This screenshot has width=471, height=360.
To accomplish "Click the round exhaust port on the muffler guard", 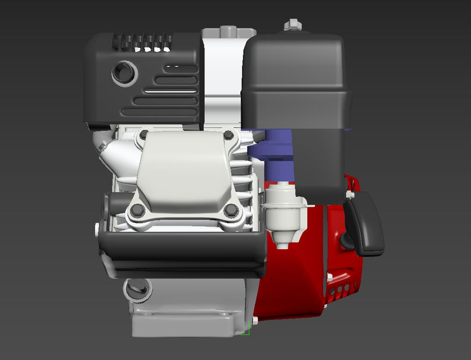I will [x=124, y=73].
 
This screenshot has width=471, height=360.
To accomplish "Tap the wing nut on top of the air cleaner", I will [x=291, y=25].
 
